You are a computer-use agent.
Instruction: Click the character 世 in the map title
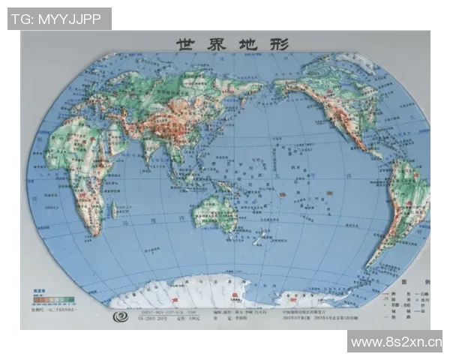point(185,44)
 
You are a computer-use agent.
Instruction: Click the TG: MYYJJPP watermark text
point(59,19)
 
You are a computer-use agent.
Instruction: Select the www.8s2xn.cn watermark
point(396,342)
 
